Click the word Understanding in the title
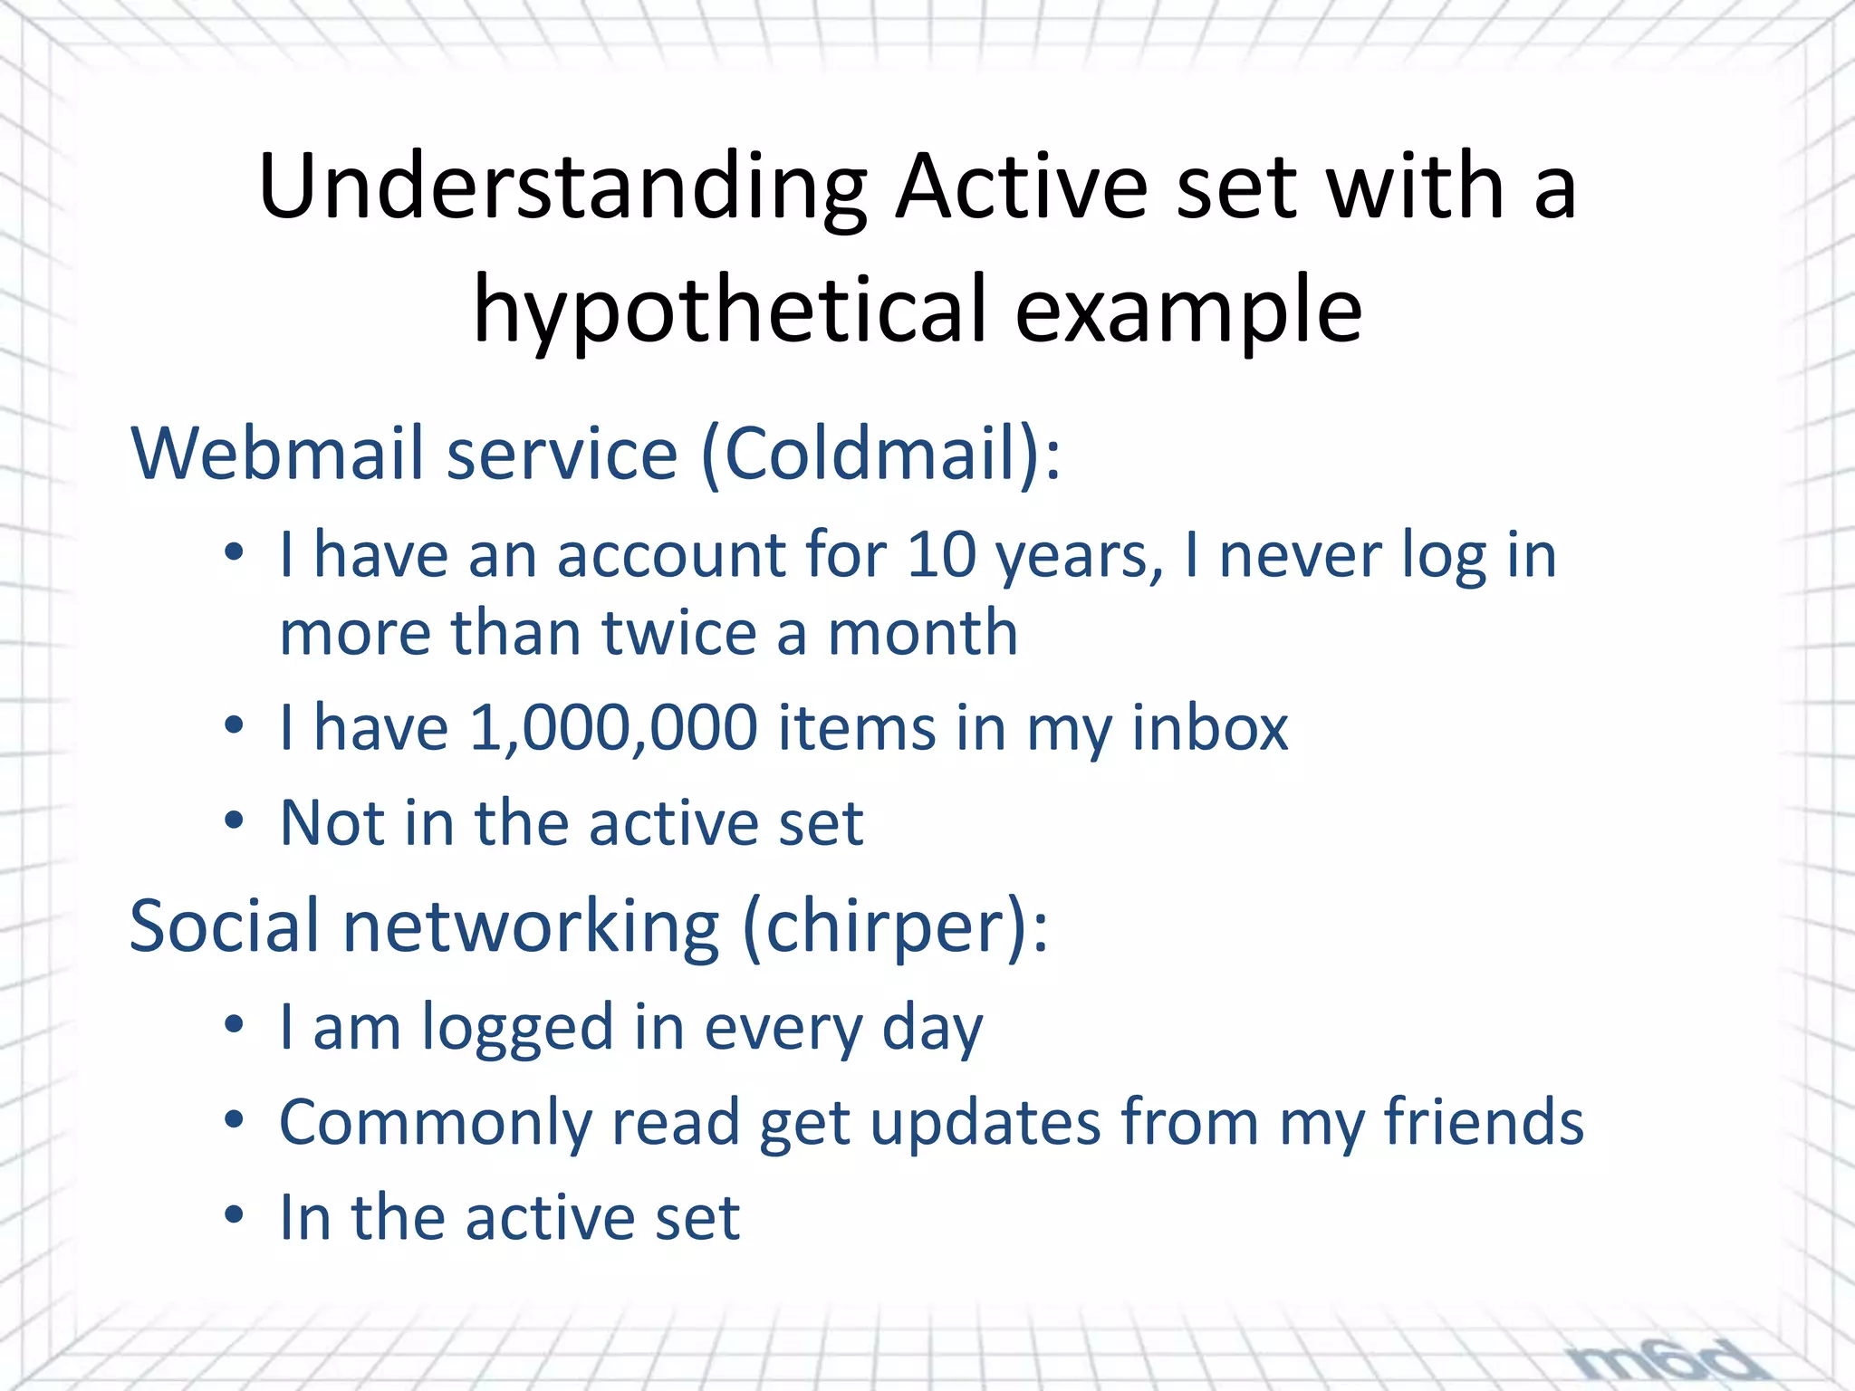[562, 188]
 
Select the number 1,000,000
[613, 727]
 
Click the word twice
[679, 632]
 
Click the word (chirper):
[895, 926]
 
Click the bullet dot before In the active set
[235, 1214]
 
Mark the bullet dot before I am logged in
[235, 1025]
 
